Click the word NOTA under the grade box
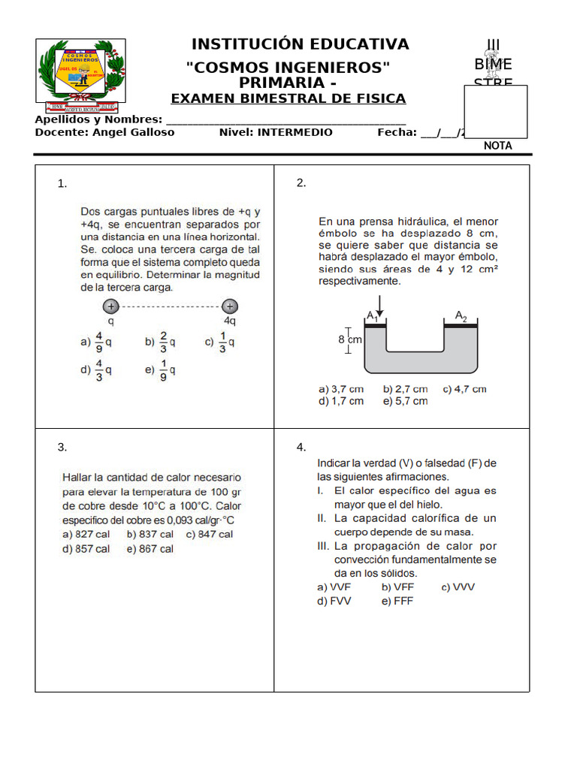(x=497, y=146)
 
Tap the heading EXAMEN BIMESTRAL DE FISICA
(x=288, y=98)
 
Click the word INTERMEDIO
(x=295, y=132)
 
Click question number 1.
(x=63, y=183)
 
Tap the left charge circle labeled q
(x=111, y=306)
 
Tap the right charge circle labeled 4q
(x=230, y=306)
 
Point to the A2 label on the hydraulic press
(x=461, y=317)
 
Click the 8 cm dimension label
(x=350, y=339)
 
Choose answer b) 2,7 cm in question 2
(x=405, y=389)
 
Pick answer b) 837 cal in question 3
(x=150, y=534)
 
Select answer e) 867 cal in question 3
(x=150, y=549)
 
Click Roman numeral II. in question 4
(x=322, y=518)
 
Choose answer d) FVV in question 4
(x=334, y=601)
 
